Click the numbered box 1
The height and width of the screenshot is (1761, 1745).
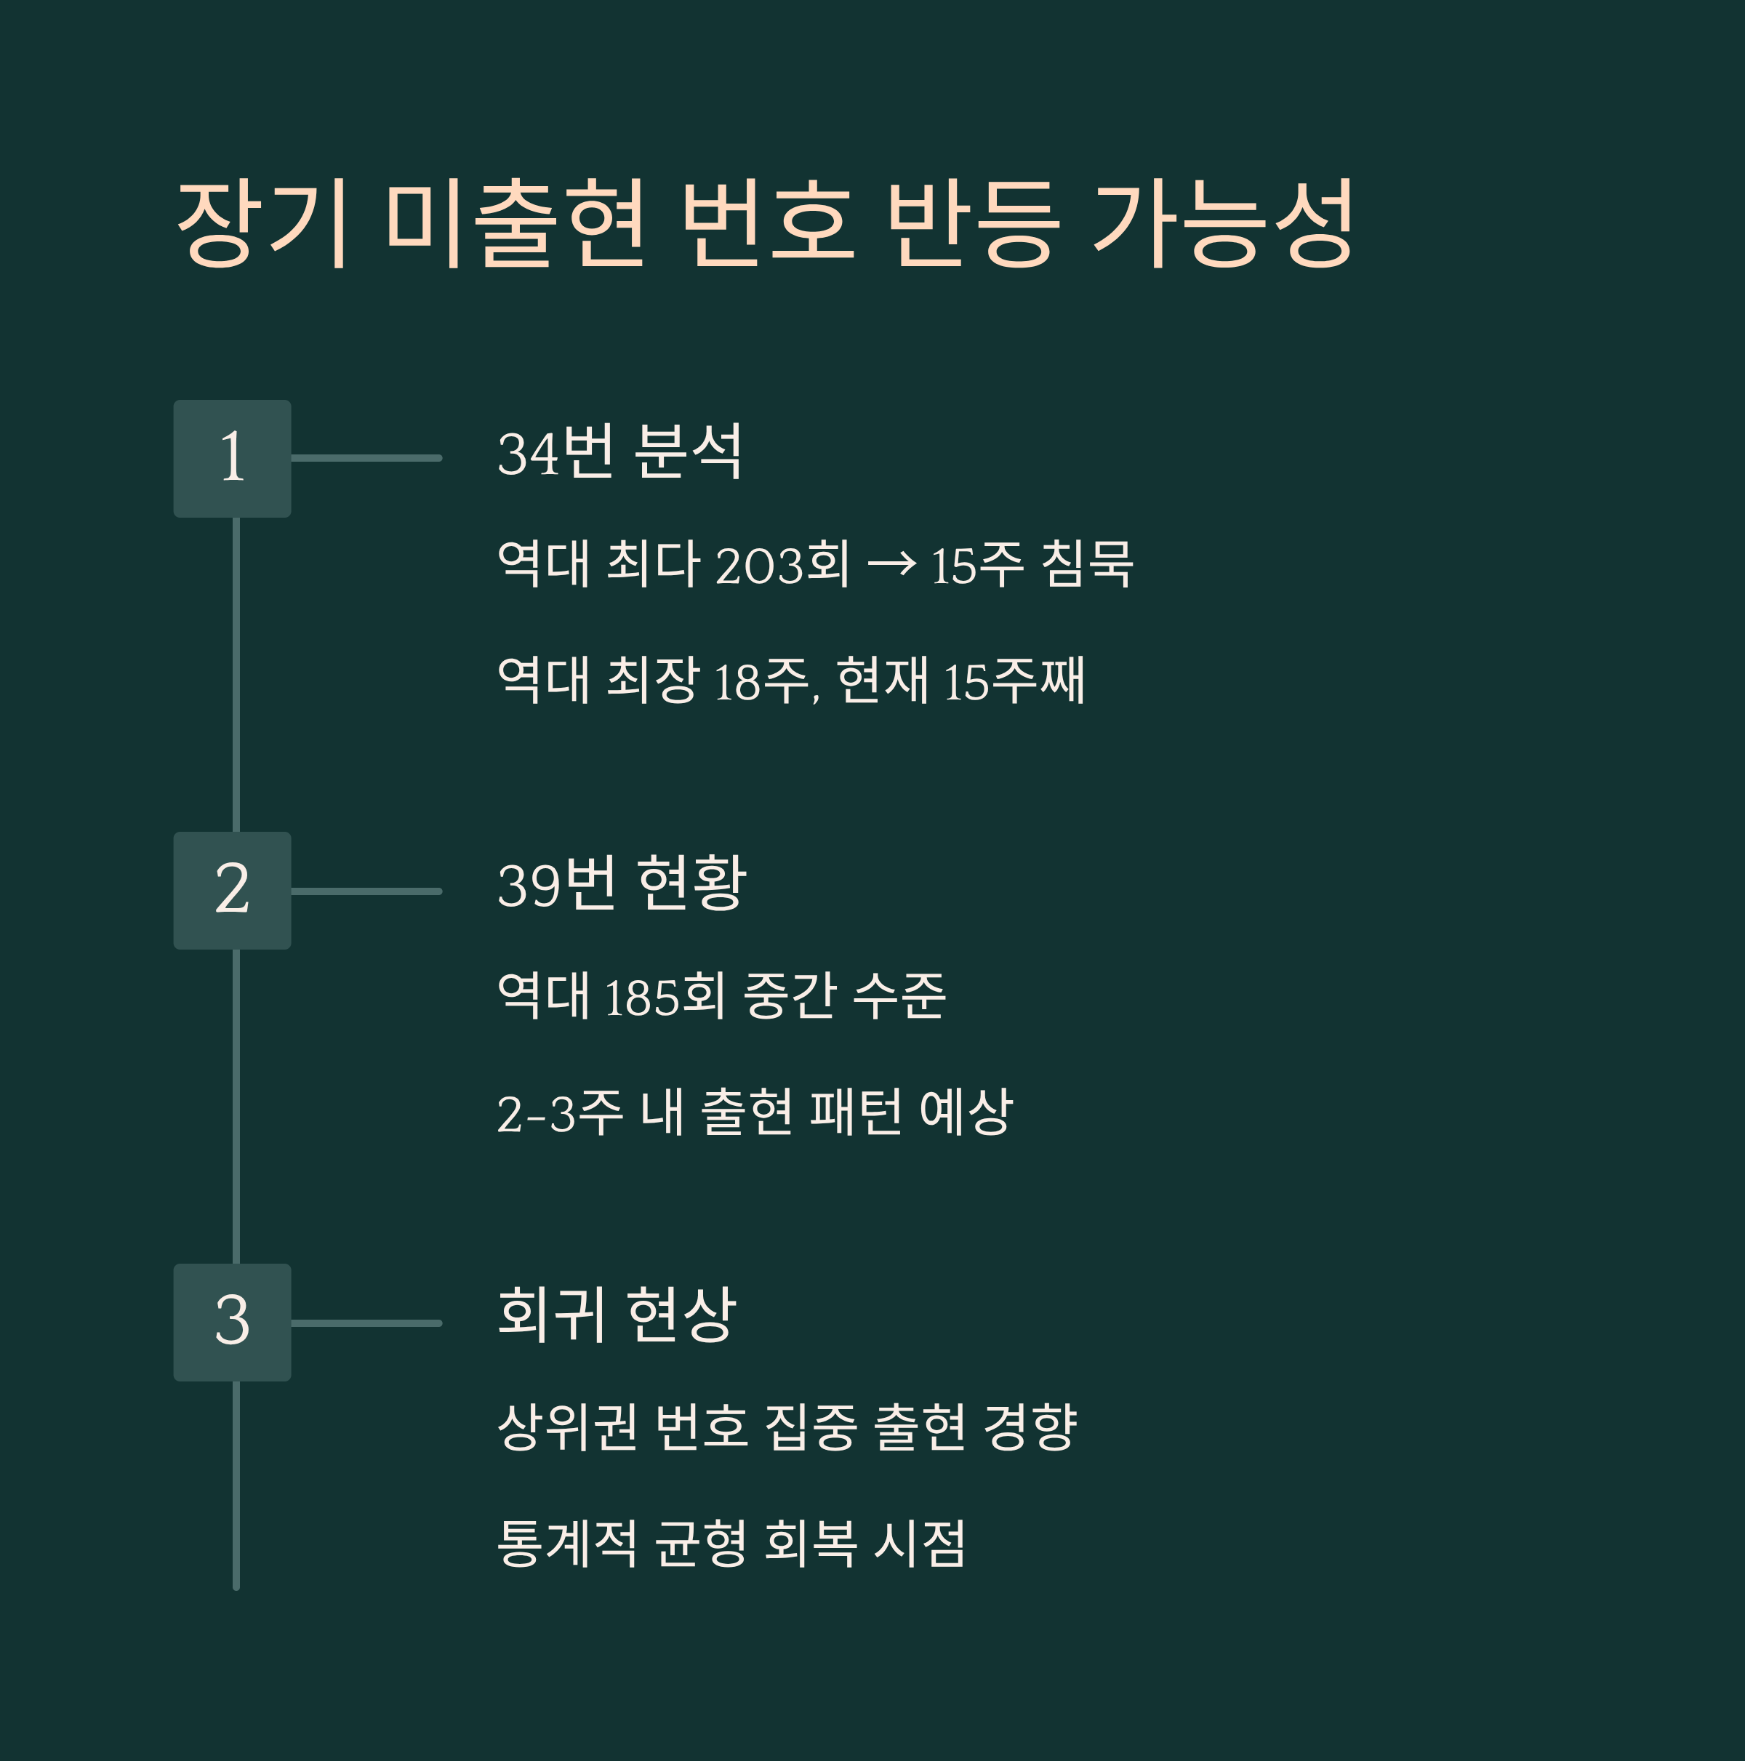(233, 459)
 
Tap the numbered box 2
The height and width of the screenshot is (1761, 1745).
(233, 891)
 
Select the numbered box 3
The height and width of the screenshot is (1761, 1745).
(233, 1323)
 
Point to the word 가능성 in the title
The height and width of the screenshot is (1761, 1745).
(1224, 223)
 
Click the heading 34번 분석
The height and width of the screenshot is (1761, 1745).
(620, 452)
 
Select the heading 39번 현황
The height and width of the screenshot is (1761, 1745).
(622, 884)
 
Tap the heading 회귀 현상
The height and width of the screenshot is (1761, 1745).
(617, 1315)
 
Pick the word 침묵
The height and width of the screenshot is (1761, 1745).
(1087, 564)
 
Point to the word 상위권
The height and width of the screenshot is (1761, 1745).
(567, 1427)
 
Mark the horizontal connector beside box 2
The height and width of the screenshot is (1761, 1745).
(366, 891)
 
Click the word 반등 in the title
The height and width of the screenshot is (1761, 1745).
(974, 223)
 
